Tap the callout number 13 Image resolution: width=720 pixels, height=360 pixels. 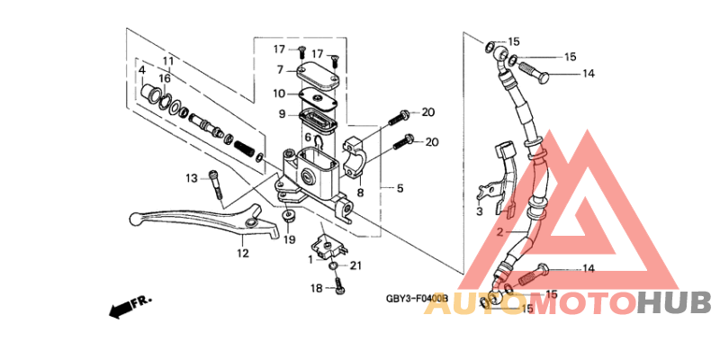point(191,177)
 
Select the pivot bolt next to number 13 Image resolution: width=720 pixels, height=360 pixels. point(216,184)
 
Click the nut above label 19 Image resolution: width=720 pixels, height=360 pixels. point(288,217)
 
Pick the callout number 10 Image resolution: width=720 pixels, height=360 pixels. point(279,94)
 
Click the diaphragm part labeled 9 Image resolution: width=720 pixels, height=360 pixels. point(318,119)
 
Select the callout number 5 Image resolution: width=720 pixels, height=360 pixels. point(400,188)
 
